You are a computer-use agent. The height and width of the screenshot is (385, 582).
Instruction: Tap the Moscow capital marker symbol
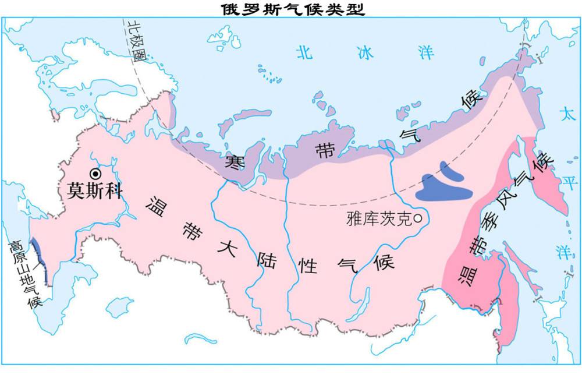click(95, 173)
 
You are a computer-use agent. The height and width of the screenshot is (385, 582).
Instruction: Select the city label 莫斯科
click(93, 191)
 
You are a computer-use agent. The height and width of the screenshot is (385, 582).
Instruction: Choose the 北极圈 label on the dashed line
click(135, 41)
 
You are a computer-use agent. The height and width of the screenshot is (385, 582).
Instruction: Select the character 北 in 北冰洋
click(304, 53)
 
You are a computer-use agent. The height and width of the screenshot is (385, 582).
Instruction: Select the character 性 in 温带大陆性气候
click(308, 266)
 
